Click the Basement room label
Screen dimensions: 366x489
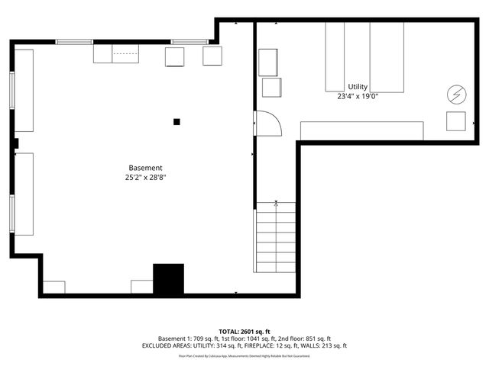(145, 168)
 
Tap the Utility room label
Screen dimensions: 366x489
(358, 87)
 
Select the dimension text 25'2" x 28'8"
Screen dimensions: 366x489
(145, 177)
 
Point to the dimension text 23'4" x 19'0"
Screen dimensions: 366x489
(358, 96)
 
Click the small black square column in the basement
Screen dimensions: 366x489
(176, 120)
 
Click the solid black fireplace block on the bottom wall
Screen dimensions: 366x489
(169, 279)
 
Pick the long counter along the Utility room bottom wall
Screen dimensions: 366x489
(361, 130)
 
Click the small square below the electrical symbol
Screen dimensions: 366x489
(456, 121)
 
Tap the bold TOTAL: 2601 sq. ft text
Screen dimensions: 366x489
(244, 332)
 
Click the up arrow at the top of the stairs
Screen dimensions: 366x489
(276, 204)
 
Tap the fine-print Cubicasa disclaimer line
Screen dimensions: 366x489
(244, 355)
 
